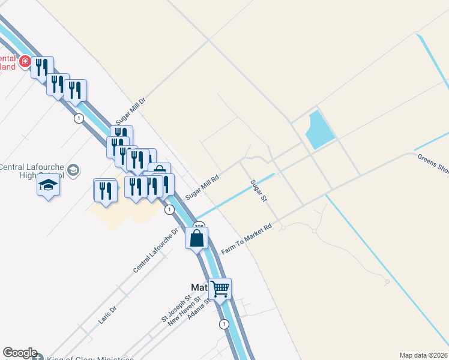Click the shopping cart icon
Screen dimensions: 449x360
pos(220,289)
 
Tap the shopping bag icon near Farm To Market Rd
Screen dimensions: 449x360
pos(197,238)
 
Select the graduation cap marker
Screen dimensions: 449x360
pos(48,185)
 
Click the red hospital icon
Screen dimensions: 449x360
pos(25,61)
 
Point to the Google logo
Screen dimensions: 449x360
pos(19,353)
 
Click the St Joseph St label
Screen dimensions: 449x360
pos(176,307)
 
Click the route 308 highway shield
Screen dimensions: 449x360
pos(199,226)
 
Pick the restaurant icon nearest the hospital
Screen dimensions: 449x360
pos(41,67)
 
